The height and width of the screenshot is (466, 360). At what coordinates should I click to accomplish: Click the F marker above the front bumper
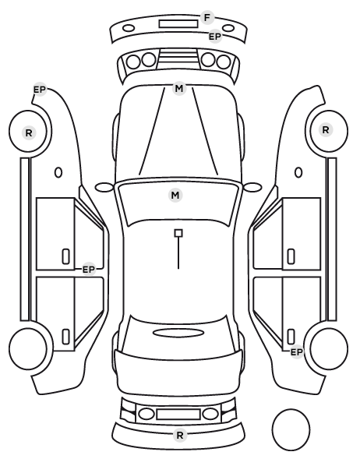tap(207, 18)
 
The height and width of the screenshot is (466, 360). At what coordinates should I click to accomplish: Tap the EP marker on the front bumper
tap(215, 37)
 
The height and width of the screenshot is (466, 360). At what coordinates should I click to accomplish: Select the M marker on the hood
tap(179, 88)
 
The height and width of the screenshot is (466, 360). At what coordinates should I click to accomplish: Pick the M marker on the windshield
tap(175, 196)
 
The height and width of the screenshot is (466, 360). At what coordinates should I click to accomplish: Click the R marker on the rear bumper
tap(179, 435)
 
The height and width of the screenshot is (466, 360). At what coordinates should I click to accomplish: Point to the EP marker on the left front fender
tap(40, 90)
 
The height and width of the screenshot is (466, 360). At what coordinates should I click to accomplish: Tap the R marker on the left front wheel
tap(29, 132)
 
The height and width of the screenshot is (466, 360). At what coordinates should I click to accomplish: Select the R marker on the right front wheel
tap(326, 129)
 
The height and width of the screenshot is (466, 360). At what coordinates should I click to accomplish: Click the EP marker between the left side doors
tap(88, 270)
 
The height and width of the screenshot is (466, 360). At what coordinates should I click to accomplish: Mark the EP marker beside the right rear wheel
tap(296, 352)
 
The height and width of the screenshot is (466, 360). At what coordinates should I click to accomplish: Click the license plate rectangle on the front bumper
tap(178, 24)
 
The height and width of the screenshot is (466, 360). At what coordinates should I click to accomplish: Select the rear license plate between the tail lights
tap(178, 414)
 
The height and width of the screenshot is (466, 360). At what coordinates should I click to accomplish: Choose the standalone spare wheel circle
tap(291, 429)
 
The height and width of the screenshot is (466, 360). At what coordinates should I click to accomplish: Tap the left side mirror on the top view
tap(104, 187)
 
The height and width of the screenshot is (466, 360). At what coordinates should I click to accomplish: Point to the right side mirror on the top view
tap(252, 187)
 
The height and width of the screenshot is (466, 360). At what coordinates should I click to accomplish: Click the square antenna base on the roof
tap(178, 233)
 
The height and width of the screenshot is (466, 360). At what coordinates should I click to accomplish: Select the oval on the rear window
tap(178, 333)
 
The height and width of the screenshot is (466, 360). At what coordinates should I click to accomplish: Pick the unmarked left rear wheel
tap(28, 348)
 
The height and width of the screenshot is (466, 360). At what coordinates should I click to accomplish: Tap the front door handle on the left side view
tap(65, 256)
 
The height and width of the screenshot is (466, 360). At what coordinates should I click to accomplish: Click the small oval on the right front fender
tap(298, 172)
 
